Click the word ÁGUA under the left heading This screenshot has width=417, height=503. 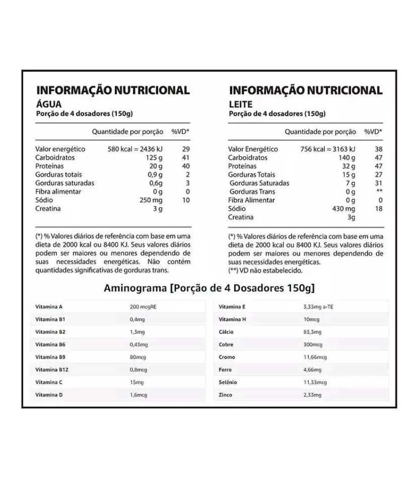49,104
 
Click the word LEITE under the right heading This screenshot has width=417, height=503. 241,104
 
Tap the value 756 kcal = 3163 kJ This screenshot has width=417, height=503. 328,149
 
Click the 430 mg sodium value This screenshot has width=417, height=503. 343,209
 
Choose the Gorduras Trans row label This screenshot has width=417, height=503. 252,192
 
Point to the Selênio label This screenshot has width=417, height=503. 228,382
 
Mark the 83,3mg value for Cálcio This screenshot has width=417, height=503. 312,332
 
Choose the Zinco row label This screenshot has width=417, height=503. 226,395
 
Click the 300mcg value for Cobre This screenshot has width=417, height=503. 313,345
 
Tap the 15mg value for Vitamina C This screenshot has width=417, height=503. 136,382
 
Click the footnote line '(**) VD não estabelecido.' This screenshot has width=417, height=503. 265,270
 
